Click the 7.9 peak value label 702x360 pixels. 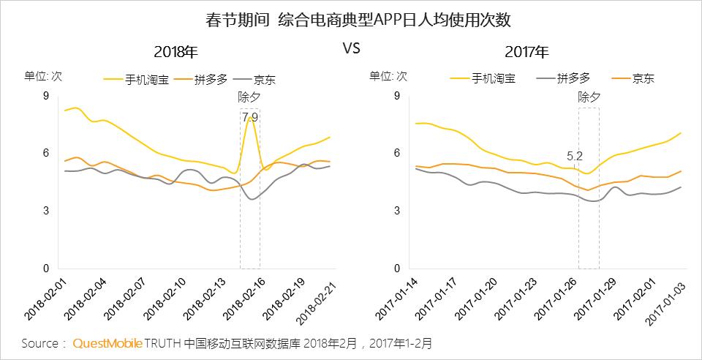[x=250, y=117]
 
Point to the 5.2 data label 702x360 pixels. [x=575, y=156]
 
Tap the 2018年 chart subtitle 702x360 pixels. [x=176, y=52]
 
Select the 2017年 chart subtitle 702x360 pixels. [x=526, y=52]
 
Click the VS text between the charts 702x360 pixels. [x=352, y=48]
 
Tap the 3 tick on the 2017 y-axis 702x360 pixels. [x=397, y=211]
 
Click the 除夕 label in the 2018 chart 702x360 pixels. [x=249, y=97]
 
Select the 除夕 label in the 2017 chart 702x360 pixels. [x=589, y=97]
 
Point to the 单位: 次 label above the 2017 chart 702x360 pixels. [x=388, y=75]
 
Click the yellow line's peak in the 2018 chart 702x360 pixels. [x=250, y=117]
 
